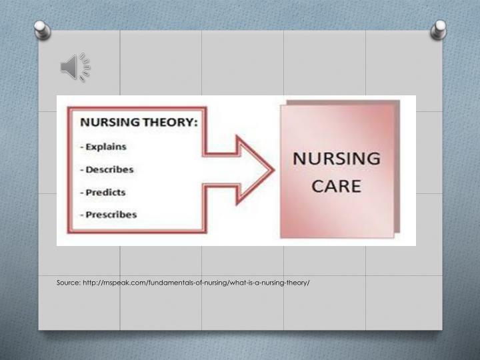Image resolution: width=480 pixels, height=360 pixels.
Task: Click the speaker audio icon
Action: [x=75, y=67]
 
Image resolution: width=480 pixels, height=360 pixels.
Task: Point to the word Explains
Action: [x=107, y=147]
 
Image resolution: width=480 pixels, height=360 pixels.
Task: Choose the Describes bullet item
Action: [x=110, y=169]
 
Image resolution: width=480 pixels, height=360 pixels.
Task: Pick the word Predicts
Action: [x=107, y=192]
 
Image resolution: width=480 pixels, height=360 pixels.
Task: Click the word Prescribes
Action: [x=111, y=215]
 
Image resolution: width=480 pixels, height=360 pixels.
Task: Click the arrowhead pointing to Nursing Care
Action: [x=257, y=170]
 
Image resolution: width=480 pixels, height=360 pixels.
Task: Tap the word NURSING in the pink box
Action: [x=337, y=160]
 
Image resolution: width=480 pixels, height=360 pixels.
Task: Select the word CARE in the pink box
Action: [x=337, y=185]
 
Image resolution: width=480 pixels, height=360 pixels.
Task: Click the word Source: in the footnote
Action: [x=69, y=283]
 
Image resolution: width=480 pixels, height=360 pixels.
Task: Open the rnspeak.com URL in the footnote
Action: [x=196, y=283]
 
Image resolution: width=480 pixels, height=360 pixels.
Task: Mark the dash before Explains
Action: [x=82, y=147]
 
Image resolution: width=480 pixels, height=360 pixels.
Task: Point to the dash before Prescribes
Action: [x=82, y=215]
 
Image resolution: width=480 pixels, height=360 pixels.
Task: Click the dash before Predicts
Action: [x=82, y=192]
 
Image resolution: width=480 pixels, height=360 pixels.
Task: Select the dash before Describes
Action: [x=82, y=169]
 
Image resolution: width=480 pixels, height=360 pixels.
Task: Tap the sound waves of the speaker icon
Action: [x=85, y=67]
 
